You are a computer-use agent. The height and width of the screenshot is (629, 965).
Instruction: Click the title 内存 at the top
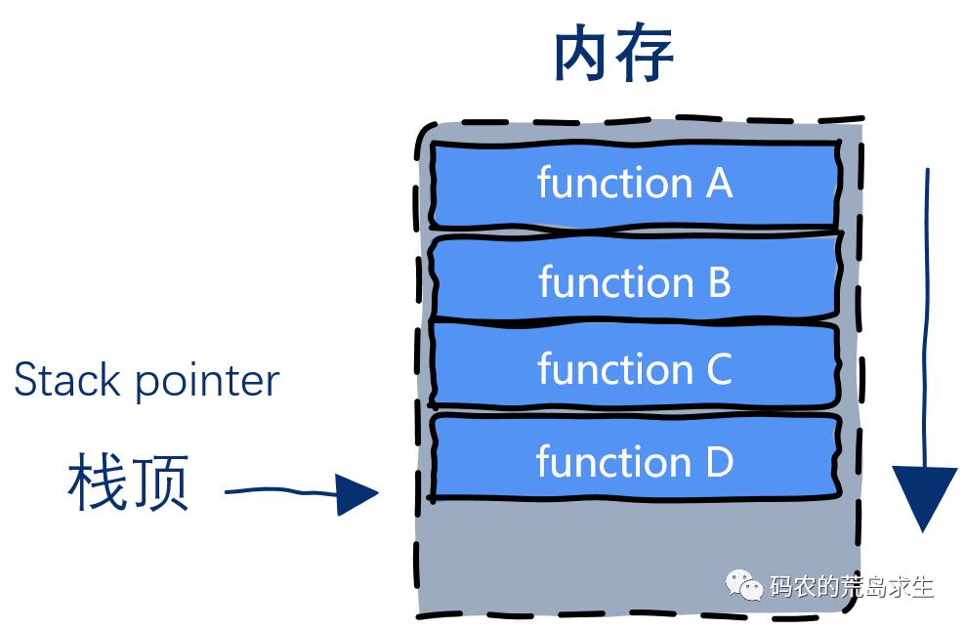point(613,53)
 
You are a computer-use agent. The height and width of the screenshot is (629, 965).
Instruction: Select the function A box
point(635,185)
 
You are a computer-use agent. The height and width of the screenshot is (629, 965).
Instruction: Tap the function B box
point(635,277)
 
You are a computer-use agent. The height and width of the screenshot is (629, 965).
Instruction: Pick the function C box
point(635,364)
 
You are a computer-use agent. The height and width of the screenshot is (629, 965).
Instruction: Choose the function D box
point(635,457)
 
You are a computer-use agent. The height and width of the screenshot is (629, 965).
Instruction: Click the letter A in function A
point(719,184)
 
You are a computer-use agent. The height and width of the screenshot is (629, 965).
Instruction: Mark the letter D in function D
point(720,462)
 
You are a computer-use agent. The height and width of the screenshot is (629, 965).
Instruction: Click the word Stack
point(66,379)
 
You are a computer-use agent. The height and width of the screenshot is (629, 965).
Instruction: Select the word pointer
point(207,383)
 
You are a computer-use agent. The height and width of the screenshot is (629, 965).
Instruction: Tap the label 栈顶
point(128,482)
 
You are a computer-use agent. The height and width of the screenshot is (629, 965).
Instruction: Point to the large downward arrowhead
point(924,496)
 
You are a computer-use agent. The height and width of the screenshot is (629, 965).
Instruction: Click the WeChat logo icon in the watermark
point(744,585)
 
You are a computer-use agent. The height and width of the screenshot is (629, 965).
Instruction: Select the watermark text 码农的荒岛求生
point(852,587)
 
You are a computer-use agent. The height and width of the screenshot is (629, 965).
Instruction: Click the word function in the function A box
point(614,183)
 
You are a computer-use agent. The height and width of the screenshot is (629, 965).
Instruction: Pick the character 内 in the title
point(582,53)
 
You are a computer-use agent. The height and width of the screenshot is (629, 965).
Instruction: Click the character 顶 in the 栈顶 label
point(159,482)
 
